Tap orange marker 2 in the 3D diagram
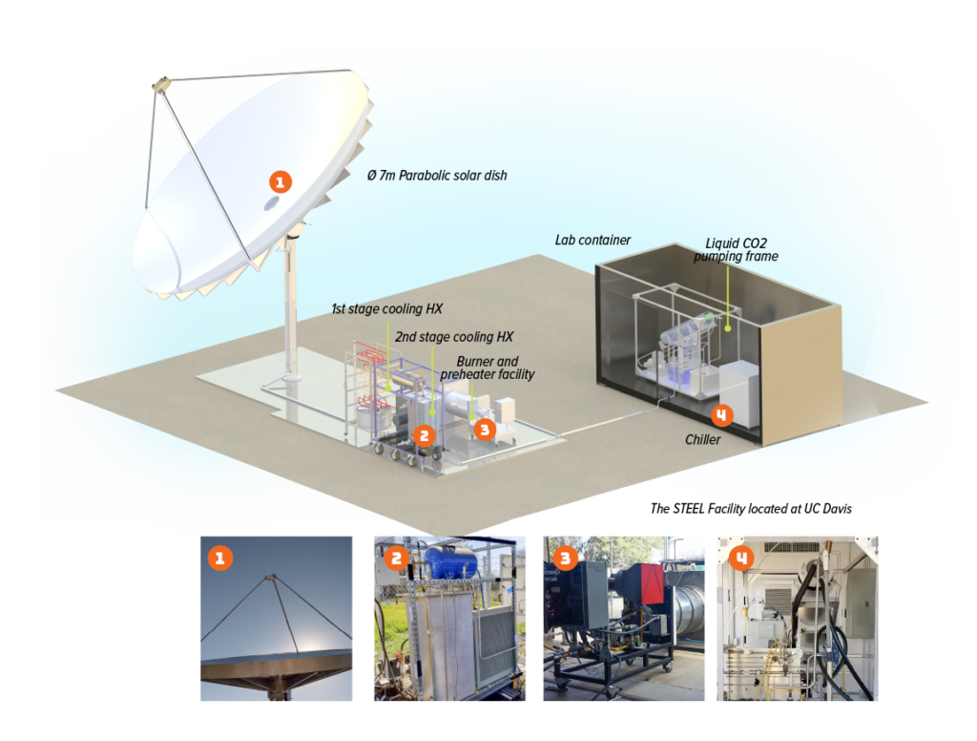click(425, 435)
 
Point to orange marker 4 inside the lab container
click(721, 415)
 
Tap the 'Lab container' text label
click(592, 239)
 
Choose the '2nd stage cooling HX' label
click(454, 337)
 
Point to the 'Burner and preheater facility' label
click(488, 368)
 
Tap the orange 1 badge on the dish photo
click(219, 558)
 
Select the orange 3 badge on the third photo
click(564, 557)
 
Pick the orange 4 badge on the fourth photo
click(738, 557)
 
